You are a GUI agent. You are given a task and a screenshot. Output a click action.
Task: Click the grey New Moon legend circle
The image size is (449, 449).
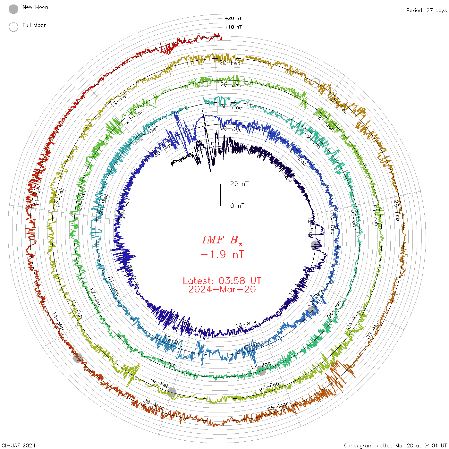pyautogui.click(x=13, y=9)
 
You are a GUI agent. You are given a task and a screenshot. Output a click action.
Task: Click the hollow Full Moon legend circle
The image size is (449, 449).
pyautogui.click(x=13, y=27)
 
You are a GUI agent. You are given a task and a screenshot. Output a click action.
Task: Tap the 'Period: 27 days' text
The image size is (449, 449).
pyautogui.click(x=426, y=10)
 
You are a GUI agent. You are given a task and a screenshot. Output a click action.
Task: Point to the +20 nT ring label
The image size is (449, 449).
pyautogui.click(x=233, y=18)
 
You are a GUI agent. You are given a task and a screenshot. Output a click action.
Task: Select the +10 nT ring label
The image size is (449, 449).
pyautogui.click(x=233, y=27)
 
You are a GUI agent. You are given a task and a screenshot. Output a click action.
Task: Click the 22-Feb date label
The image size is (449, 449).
pyautogui.click(x=230, y=63)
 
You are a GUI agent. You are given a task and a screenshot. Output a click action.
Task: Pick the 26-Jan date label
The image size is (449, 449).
pyautogui.click(x=231, y=85)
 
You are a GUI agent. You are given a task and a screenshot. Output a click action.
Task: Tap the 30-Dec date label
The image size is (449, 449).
pyautogui.click(x=231, y=107)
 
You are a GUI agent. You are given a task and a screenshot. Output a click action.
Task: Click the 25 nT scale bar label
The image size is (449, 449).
pyautogui.click(x=239, y=184)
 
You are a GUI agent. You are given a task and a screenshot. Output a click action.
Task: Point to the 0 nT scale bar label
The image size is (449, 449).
pyautogui.click(x=237, y=206)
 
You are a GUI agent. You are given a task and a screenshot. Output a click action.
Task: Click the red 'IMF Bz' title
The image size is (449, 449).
pyautogui.click(x=222, y=240)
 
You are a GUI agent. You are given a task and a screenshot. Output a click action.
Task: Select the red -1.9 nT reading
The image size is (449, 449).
pyautogui.click(x=222, y=254)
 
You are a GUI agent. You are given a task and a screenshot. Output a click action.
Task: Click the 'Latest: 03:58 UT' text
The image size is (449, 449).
pyautogui.click(x=222, y=281)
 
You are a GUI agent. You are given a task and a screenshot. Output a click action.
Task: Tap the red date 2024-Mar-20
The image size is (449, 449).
pyautogui.click(x=222, y=289)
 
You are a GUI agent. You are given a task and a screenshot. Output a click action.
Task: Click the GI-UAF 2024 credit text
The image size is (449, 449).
pyautogui.click(x=18, y=445)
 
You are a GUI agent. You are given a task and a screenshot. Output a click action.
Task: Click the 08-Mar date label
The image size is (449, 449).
pyautogui.click(x=153, y=404)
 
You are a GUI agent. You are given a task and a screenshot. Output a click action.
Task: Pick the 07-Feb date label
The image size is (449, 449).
pyautogui.click(x=269, y=386)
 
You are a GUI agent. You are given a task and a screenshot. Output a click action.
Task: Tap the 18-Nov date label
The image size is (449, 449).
pyautogui.click(x=246, y=325)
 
